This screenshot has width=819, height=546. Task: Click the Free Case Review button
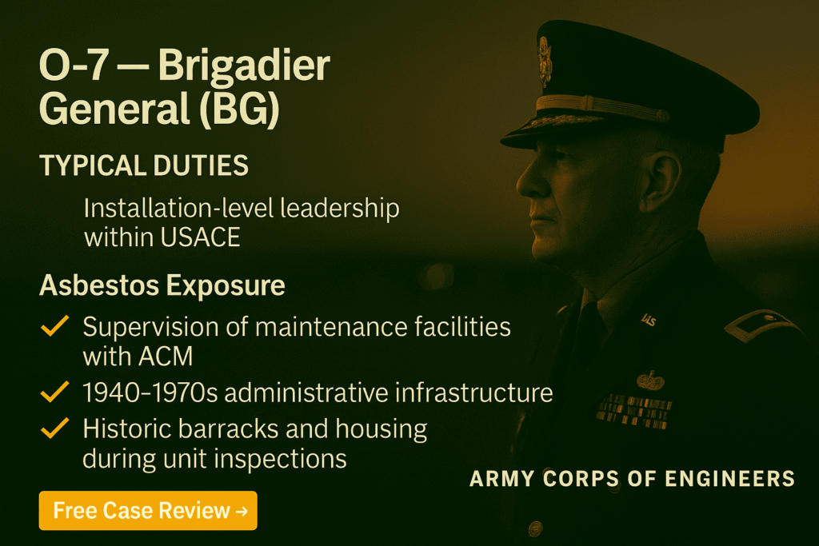[x=148, y=510]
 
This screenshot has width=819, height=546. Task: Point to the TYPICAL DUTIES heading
[x=143, y=166]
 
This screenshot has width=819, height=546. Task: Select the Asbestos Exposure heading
[x=162, y=285]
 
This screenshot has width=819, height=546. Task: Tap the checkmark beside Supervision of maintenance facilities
[x=54, y=327]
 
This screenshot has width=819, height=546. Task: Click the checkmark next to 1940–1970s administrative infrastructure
[x=54, y=393]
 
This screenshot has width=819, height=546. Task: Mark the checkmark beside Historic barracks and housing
[x=54, y=429]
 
